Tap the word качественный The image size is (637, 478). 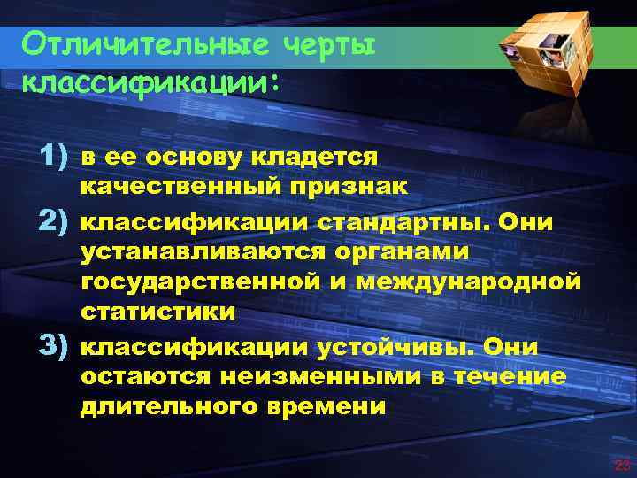[x=181, y=188]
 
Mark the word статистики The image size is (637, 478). [x=158, y=312]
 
